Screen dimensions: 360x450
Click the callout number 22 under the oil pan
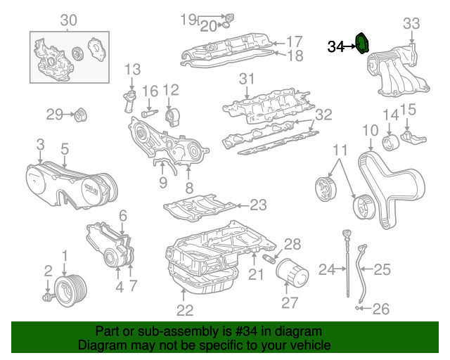point(184,310)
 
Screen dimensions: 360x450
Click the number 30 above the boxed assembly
point(67,20)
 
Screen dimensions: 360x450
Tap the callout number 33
point(412,23)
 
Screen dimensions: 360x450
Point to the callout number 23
point(259,205)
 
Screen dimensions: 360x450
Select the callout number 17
point(294,41)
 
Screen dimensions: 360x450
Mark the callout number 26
point(380,308)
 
